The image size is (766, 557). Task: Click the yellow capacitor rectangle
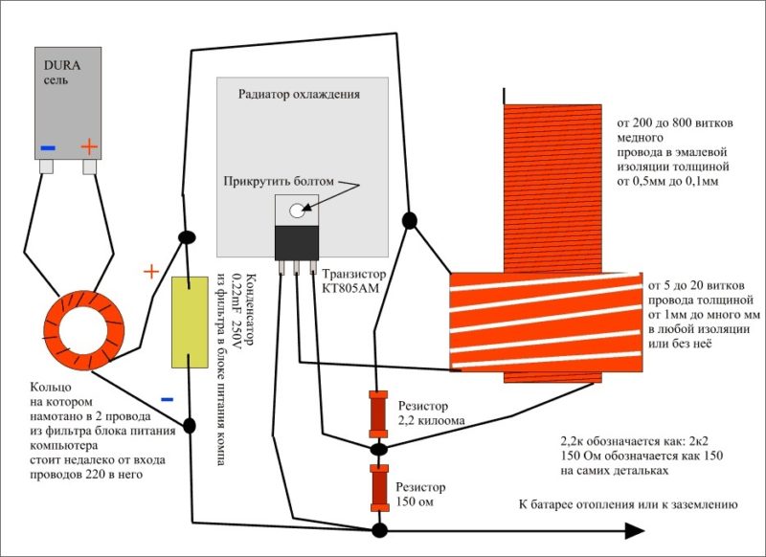[190, 323]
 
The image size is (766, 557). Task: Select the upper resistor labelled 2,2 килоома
[378, 411]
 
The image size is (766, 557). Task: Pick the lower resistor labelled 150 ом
[379, 486]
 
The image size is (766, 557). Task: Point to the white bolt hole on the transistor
[298, 210]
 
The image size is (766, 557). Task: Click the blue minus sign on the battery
[47, 147]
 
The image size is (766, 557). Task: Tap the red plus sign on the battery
[88, 147]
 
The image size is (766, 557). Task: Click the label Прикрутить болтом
[280, 181]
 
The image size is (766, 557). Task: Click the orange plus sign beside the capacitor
[150, 272]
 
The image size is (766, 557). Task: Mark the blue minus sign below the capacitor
[167, 400]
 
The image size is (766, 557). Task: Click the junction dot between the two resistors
[379, 448]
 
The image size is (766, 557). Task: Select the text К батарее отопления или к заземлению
[627, 504]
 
